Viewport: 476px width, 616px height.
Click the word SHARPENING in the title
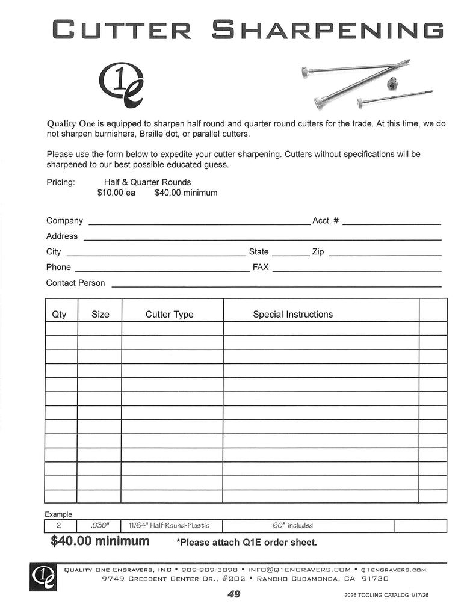[x=329, y=29]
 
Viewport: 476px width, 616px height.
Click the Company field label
[x=64, y=221]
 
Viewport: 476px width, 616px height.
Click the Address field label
[x=62, y=236]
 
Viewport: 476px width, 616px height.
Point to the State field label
[x=259, y=252]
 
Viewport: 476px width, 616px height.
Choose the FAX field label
[x=261, y=267]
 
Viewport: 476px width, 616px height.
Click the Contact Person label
[x=75, y=283]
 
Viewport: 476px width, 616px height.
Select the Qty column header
[x=60, y=315]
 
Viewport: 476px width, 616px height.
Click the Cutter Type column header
[x=170, y=315]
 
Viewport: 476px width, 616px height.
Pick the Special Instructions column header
[x=292, y=314]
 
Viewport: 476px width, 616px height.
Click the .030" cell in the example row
[x=99, y=526]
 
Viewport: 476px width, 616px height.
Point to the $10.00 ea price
[x=116, y=193]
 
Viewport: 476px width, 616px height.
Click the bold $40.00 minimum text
[x=100, y=541]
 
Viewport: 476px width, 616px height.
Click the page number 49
[x=233, y=594]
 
